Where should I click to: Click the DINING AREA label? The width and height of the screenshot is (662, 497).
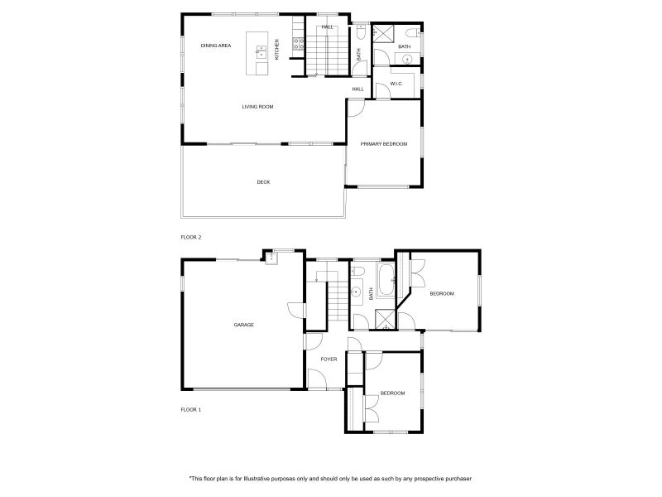tap(215, 46)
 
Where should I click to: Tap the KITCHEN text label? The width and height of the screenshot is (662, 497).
tap(277, 49)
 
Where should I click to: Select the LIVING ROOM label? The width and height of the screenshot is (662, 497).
tap(257, 107)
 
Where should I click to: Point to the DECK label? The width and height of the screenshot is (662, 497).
tap(263, 182)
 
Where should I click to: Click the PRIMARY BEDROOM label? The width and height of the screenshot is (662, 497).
tap(384, 144)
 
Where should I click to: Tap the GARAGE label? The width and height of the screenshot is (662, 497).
tap(243, 325)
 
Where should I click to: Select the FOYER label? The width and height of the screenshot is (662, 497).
tap(329, 359)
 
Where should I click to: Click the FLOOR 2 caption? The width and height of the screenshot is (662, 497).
tap(191, 237)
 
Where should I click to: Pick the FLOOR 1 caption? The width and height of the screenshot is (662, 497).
tap(191, 409)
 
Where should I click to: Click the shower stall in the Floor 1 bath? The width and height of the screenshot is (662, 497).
tap(386, 319)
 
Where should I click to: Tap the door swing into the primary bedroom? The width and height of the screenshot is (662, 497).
tap(354, 108)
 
